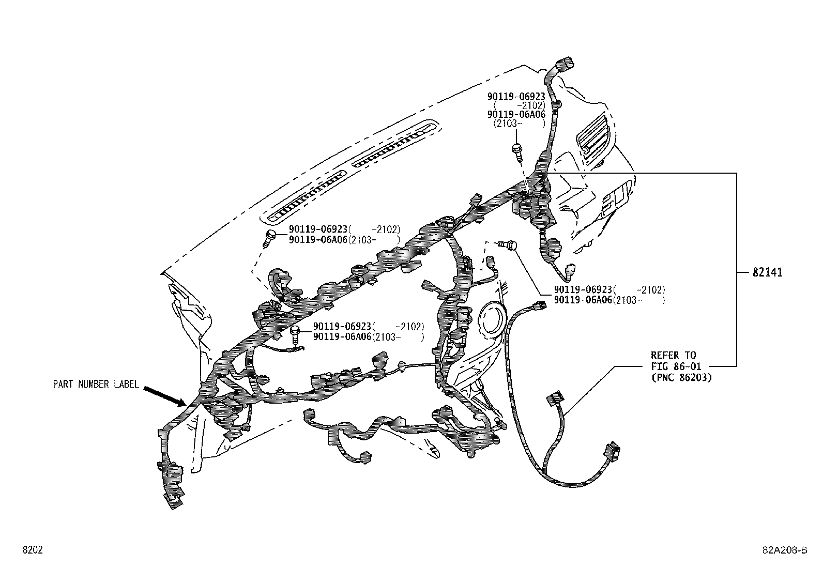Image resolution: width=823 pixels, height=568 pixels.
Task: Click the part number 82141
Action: pyautogui.click(x=767, y=272)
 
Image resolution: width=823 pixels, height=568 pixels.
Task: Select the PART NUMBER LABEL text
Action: pyautogui.click(x=96, y=384)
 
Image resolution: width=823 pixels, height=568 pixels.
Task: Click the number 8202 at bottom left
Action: pyautogui.click(x=32, y=550)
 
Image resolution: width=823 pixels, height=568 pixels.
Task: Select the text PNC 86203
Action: pyautogui.click(x=681, y=377)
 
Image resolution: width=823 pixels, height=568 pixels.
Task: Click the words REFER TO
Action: pyautogui.click(x=673, y=355)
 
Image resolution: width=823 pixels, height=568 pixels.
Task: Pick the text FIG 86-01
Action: pyautogui.click(x=676, y=366)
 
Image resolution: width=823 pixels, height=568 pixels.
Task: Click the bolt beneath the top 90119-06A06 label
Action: pyautogui.click(x=516, y=150)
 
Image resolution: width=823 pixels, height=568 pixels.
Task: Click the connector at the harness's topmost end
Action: pyautogui.click(x=560, y=68)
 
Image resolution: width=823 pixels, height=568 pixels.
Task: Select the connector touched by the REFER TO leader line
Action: pyautogui.click(x=555, y=402)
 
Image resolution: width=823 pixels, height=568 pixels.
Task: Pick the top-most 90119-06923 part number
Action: pyautogui.click(x=516, y=97)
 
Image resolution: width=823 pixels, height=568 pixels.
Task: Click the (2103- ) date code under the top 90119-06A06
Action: pyautogui.click(x=519, y=124)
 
